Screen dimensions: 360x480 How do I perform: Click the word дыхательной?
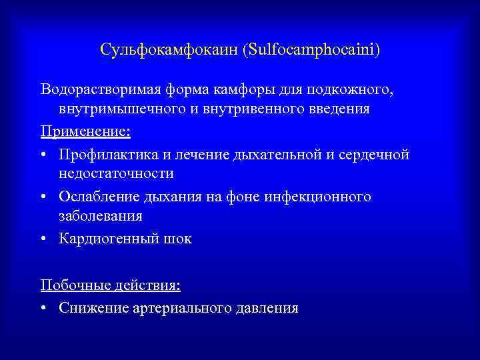276,154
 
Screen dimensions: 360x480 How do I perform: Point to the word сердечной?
373,154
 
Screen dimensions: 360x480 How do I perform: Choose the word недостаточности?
116,174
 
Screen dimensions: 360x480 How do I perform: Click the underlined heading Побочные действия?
110,285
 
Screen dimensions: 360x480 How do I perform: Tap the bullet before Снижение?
43,308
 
